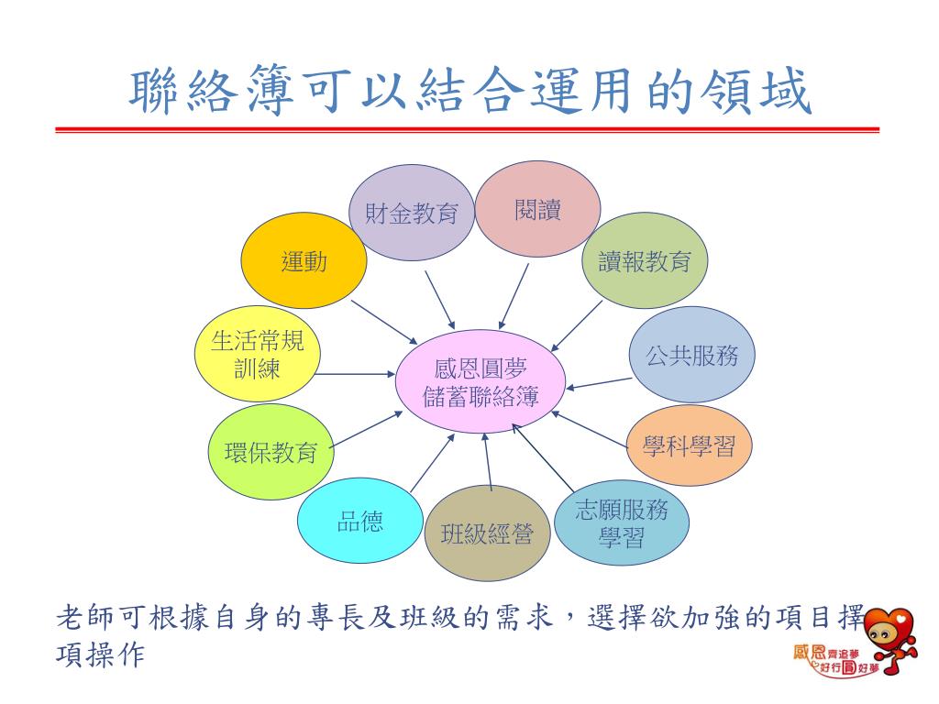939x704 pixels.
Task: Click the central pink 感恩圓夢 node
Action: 481,382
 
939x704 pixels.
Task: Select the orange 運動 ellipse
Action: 304,262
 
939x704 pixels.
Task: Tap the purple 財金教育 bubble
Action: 412,213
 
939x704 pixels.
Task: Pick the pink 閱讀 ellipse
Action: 538,209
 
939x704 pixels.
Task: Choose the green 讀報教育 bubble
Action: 645,261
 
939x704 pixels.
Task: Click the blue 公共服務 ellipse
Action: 692,356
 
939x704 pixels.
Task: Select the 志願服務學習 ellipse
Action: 621,522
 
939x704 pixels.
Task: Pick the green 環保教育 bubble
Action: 271,451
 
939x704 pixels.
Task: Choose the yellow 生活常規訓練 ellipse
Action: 258,354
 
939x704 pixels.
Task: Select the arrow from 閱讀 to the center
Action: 514,295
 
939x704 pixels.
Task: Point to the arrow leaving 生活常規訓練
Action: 355,374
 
